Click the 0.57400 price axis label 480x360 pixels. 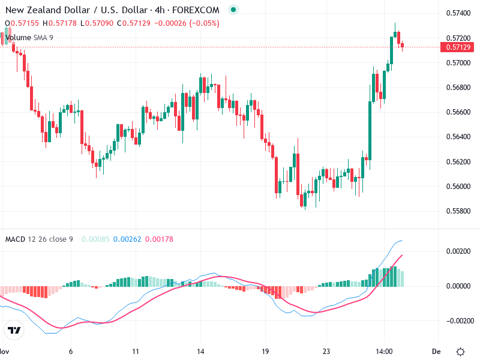pyautogui.click(x=458, y=13)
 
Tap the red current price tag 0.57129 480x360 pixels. pyautogui.click(x=458, y=47)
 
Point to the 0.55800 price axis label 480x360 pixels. pyautogui.click(x=458, y=211)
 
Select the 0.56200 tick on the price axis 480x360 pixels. pyautogui.click(x=458, y=162)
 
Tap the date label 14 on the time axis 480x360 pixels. pyautogui.click(x=201, y=351)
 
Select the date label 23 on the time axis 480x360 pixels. pyautogui.click(x=326, y=351)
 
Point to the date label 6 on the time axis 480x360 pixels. pyautogui.click(x=71, y=351)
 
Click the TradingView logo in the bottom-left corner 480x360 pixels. pyautogui.click(x=14, y=330)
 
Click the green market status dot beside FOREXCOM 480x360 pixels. pyautogui.click(x=233, y=10)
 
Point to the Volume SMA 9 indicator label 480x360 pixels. pyautogui.click(x=29, y=37)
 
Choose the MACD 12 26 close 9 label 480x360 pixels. pyautogui.click(x=39, y=239)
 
